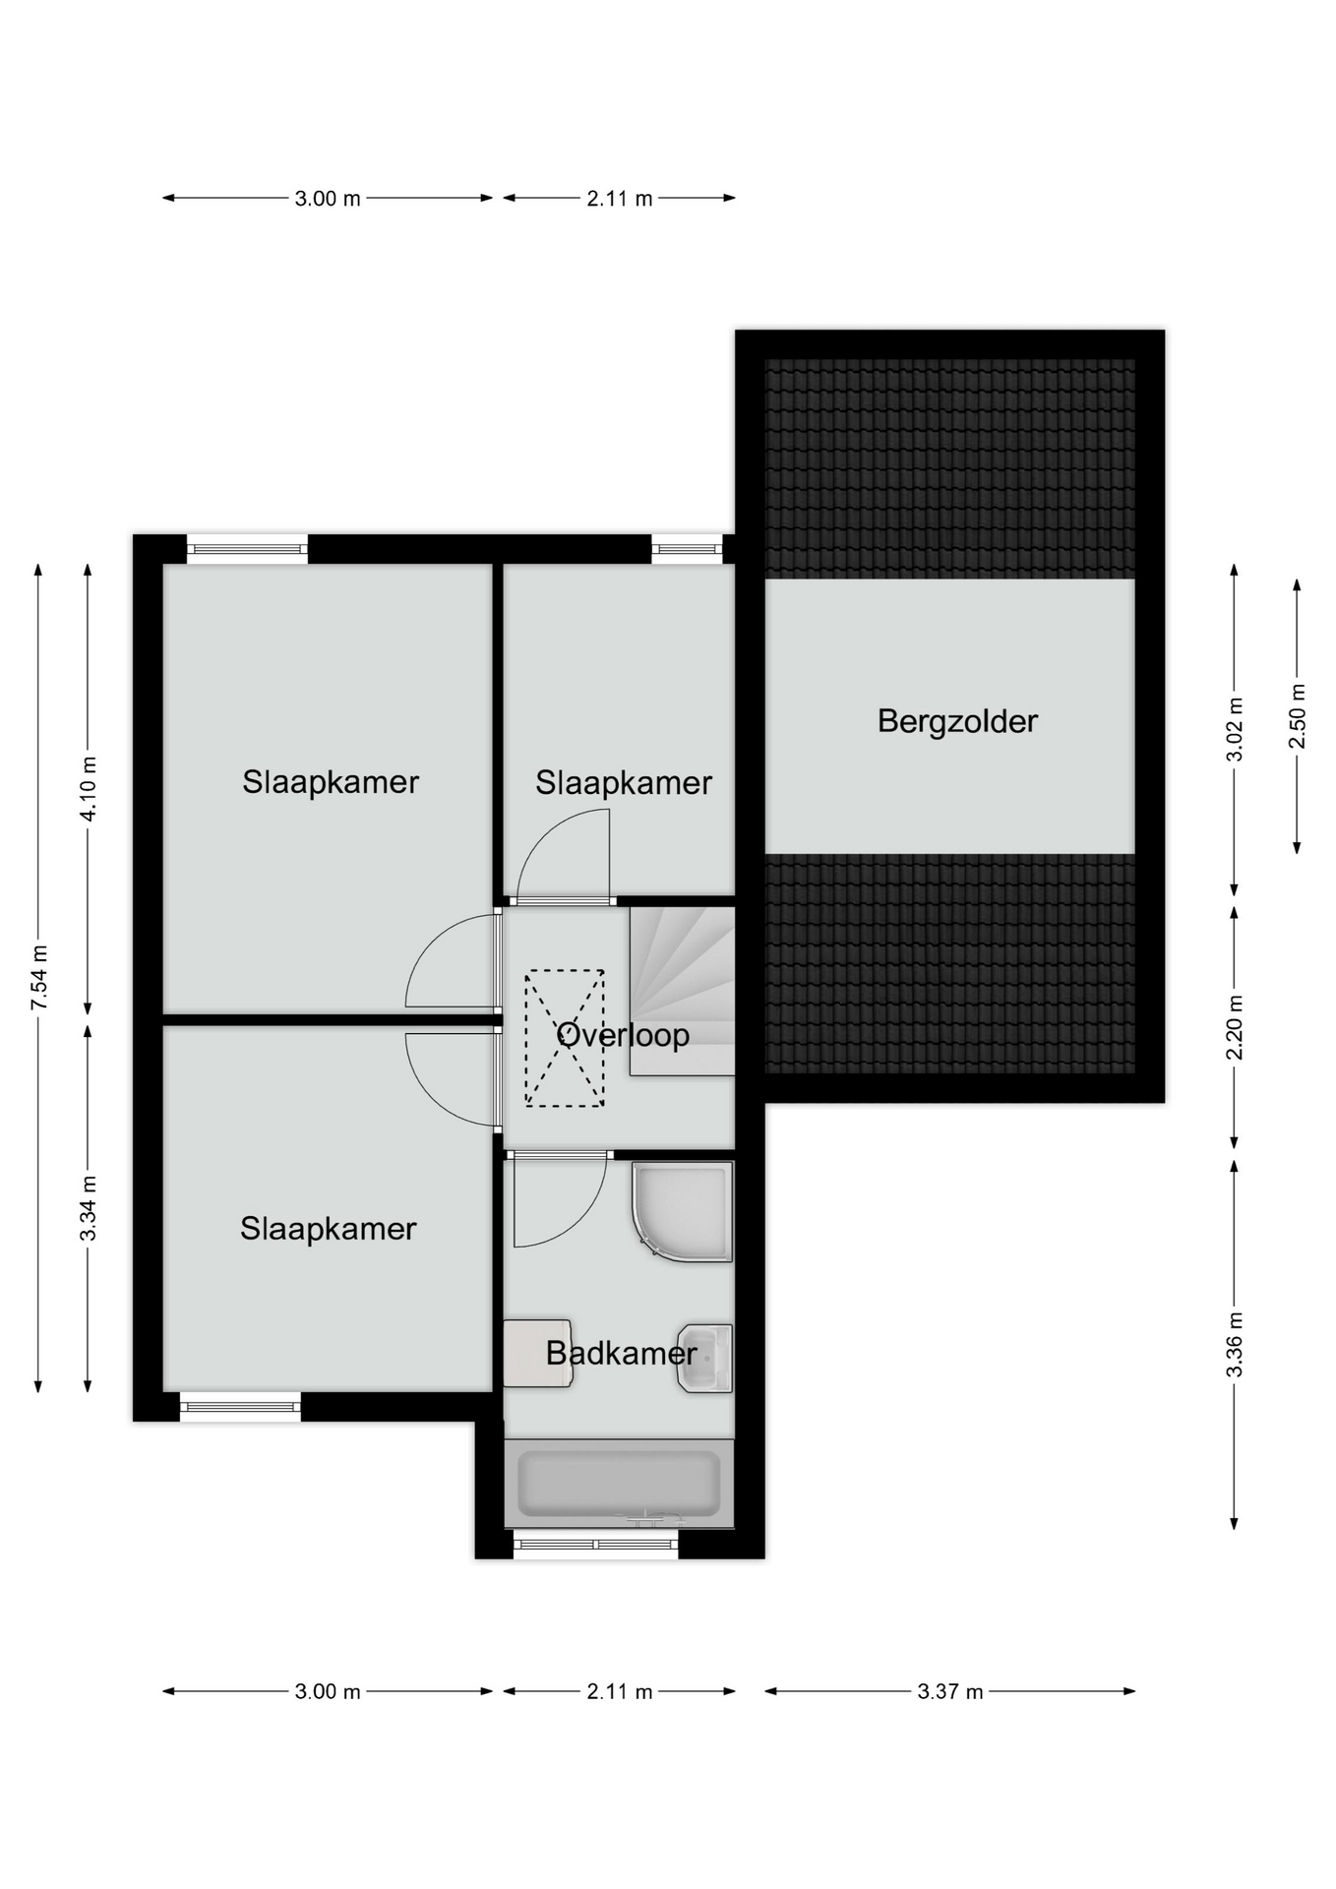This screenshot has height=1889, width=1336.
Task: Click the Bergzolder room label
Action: tap(957, 722)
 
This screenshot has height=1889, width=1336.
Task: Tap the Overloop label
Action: tap(623, 1035)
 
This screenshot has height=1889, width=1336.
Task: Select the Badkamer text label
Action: tap(622, 1354)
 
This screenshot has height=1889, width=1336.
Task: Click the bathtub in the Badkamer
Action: tap(619, 1484)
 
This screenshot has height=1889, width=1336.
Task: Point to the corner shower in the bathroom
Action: tap(683, 1211)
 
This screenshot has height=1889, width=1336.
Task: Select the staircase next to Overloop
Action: tap(682, 991)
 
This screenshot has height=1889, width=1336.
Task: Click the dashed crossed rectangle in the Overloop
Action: tap(565, 1038)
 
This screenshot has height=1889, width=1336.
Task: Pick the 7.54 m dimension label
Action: tap(38, 978)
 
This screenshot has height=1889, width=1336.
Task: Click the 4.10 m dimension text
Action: tap(89, 789)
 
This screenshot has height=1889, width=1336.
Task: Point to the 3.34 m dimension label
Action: tap(89, 1208)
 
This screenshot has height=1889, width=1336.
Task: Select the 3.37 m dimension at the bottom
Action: tap(950, 1691)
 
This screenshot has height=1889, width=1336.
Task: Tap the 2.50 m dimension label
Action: tap(1298, 715)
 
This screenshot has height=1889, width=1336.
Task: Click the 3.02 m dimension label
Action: tap(1235, 729)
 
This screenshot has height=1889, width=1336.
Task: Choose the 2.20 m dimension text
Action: tap(1235, 1027)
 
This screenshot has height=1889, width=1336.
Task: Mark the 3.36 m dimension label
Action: tap(1235, 1344)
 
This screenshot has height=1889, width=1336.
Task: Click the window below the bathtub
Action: tap(596, 1544)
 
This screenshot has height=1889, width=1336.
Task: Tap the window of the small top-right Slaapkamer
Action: tap(687, 548)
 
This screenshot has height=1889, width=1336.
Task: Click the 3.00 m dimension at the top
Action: tap(328, 198)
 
